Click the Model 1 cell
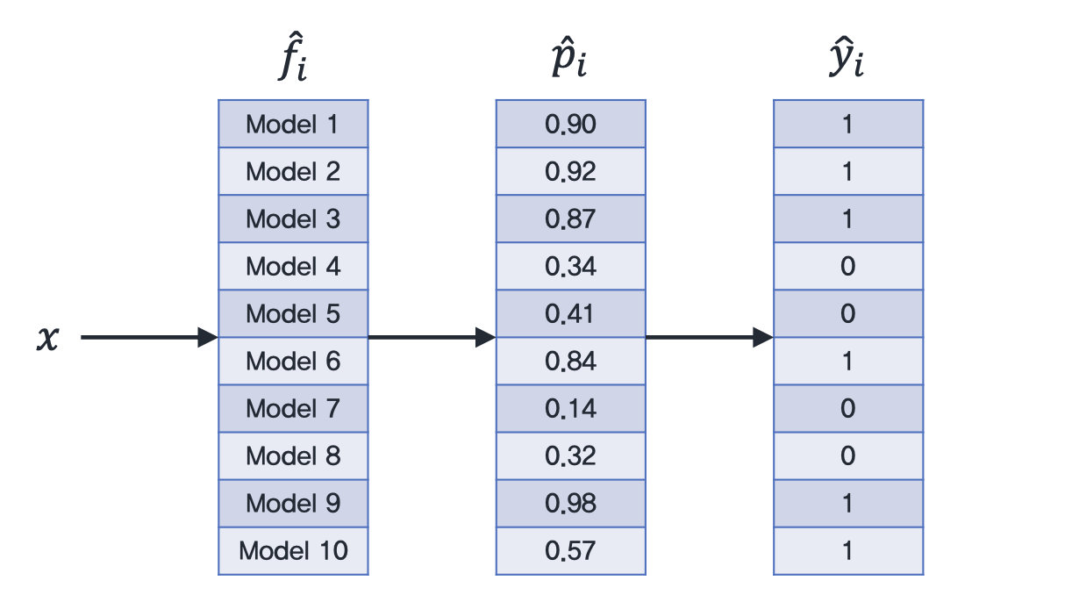point(293,124)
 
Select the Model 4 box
point(293,266)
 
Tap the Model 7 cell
point(293,409)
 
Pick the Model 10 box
point(293,550)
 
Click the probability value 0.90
point(571,124)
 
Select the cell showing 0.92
point(571,171)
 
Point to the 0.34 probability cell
point(571,266)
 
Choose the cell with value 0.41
point(571,313)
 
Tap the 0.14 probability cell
point(571,409)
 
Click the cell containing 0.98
point(571,504)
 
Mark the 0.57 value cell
point(571,550)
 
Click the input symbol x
point(47,338)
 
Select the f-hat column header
point(292,56)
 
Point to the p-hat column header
point(568,57)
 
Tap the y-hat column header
point(847,57)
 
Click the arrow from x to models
point(149,337)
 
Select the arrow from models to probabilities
point(432,337)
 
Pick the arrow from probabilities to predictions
point(710,337)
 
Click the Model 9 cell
point(293,504)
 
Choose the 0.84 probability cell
point(571,361)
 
